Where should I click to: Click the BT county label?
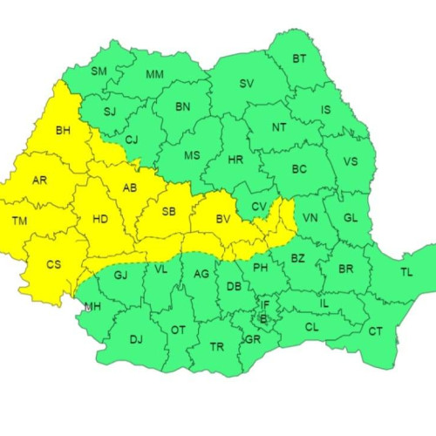click(x=299, y=59)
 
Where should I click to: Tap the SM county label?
click(x=99, y=71)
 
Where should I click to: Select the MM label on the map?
click(x=155, y=74)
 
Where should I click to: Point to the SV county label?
click(x=245, y=85)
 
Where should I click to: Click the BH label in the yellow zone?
click(x=63, y=131)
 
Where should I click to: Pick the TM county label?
click(x=19, y=221)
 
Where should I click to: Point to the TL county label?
click(x=405, y=273)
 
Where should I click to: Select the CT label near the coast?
click(x=375, y=330)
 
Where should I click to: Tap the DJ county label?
click(x=135, y=339)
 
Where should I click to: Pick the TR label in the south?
click(x=218, y=346)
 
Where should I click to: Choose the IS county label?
click(x=325, y=110)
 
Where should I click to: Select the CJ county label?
click(x=131, y=139)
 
